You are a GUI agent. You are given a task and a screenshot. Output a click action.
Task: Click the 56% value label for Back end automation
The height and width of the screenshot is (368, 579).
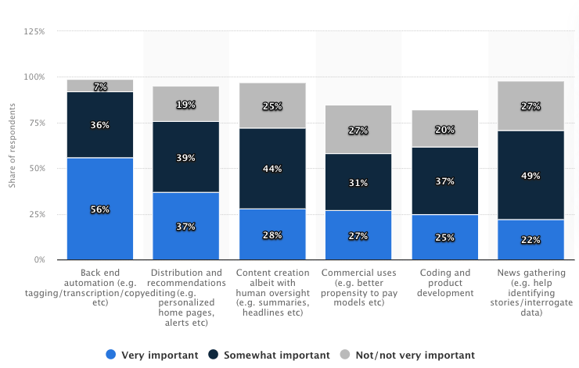click(99, 210)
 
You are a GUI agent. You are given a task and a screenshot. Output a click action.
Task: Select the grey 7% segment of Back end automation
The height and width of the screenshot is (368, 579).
click(99, 86)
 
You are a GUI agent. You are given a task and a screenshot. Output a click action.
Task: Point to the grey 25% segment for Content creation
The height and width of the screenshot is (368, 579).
click(272, 105)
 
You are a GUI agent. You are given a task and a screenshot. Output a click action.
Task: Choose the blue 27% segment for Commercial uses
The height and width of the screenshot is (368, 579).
click(358, 234)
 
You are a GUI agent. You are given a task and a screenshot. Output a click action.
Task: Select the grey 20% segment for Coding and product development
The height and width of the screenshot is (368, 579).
click(444, 129)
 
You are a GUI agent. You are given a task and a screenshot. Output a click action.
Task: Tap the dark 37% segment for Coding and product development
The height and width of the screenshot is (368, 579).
click(444, 181)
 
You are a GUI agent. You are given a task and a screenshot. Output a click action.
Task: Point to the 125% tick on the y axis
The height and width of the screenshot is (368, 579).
click(34, 31)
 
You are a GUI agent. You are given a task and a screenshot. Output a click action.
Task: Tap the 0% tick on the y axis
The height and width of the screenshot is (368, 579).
click(39, 259)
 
